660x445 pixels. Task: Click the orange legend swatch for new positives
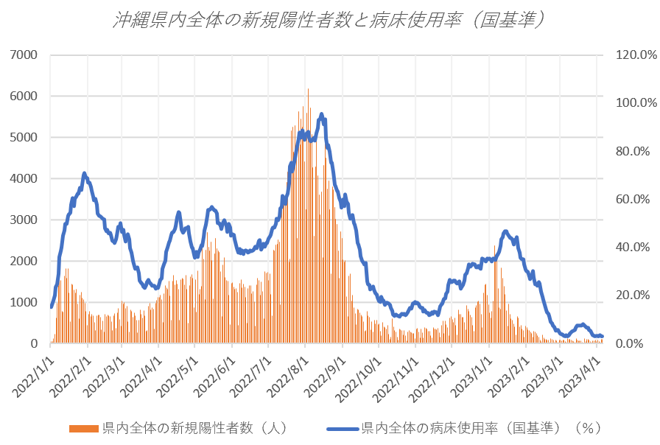(x=83, y=428)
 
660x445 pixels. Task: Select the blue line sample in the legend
(x=341, y=428)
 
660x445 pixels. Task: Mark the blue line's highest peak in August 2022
(x=321, y=114)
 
